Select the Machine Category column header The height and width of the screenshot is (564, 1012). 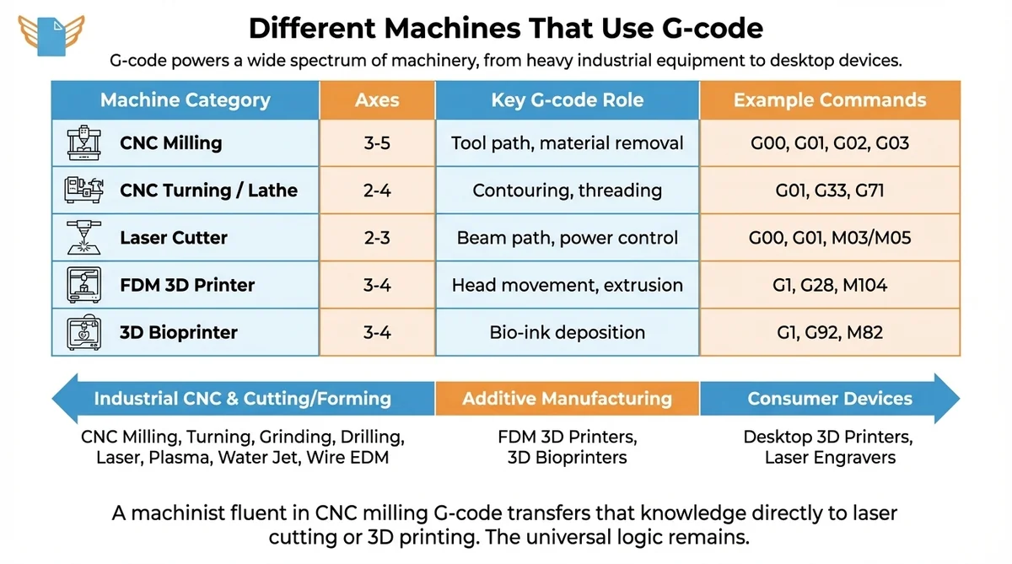(x=186, y=100)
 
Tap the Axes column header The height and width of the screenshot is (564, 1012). (x=377, y=100)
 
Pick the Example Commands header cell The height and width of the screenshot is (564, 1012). (x=830, y=100)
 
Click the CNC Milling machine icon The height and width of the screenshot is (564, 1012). (x=83, y=142)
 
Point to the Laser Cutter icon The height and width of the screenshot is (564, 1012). (x=83, y=238)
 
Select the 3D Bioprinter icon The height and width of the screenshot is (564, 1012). (x=83, y=332)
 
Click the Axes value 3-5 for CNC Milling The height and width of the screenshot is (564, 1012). (x=377, y=143)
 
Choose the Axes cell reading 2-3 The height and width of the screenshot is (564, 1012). (x=377, y=238)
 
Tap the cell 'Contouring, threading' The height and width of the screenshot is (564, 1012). (x=568, y=191)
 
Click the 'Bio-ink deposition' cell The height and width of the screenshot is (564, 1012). (x=568, y=332)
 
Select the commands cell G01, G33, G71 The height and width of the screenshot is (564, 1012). (x=830, y=191)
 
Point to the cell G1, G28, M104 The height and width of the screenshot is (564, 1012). (x=830, y=285)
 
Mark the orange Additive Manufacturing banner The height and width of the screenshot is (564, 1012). (x=568, y=399)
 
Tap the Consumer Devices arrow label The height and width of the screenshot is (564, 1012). (x=830, y=399)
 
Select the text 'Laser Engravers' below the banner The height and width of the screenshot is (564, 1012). (x=830, y=459)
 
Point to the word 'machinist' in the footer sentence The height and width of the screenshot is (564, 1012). (x=170, y=513)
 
